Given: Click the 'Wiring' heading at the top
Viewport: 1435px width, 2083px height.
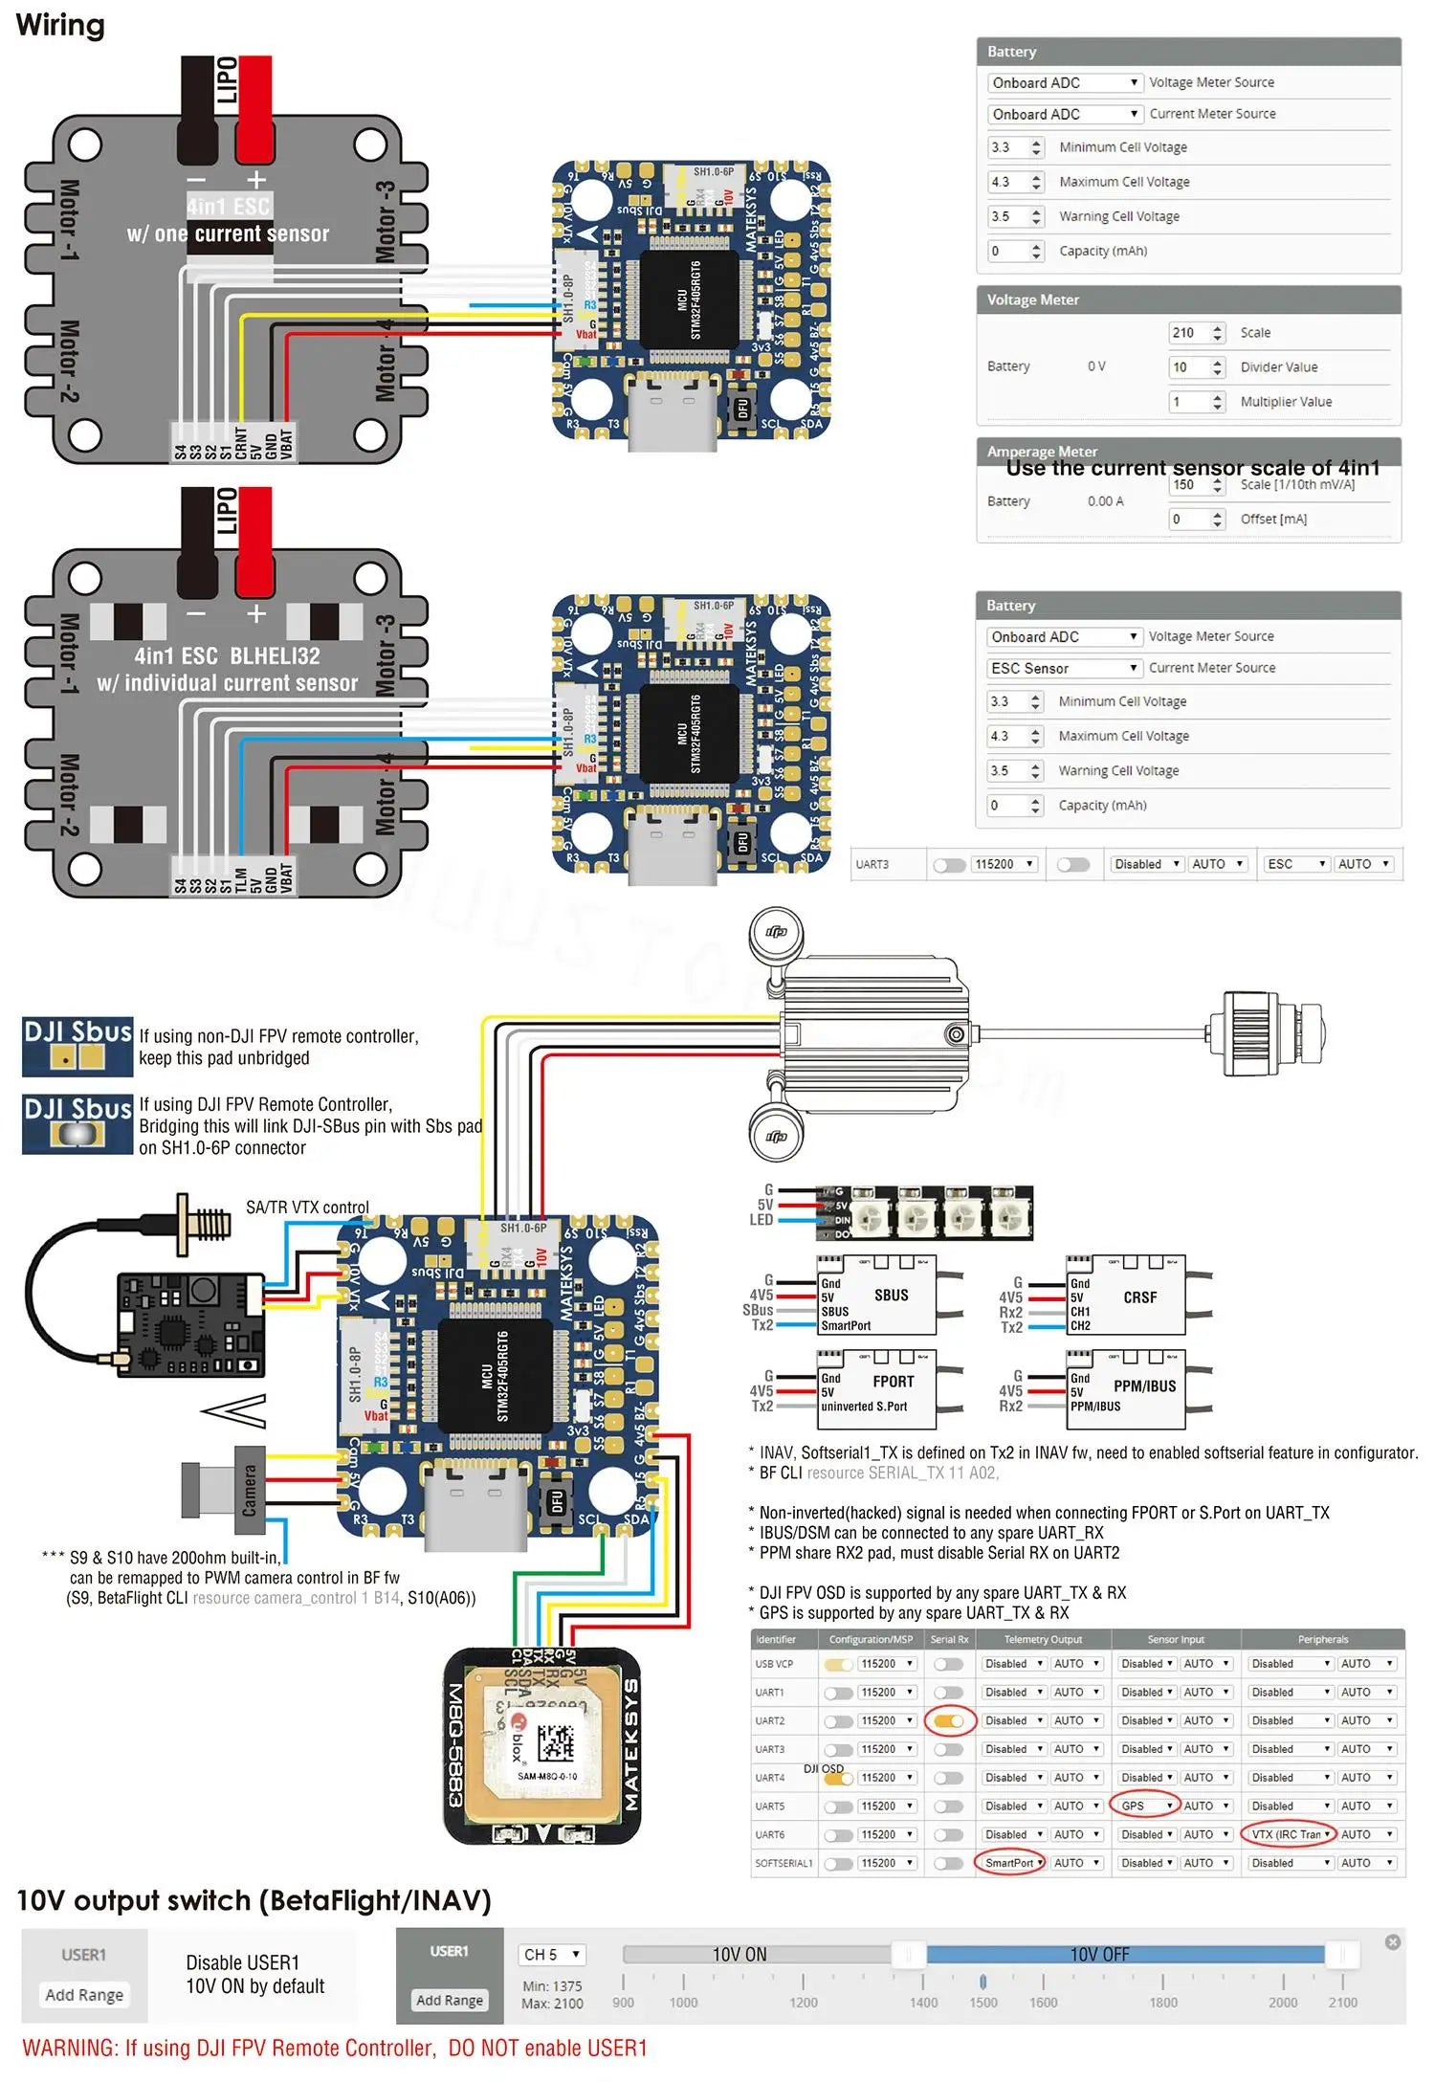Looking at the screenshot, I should click(x=60, y=25).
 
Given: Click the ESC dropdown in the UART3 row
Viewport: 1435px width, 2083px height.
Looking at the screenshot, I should click(x=1295, y=864).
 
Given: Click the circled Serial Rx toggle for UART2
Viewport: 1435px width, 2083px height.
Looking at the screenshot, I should click(x=949, y=1720).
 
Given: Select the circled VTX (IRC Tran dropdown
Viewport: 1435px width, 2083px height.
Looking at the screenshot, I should click(x=1290, y=1834).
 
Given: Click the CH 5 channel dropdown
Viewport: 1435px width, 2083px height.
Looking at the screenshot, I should click(x=552, y=1954).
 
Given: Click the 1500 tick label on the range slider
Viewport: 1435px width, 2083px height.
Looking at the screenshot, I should click(x=982, y=2003).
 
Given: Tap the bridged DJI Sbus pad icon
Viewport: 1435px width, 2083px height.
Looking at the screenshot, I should click(x=77, y=1135).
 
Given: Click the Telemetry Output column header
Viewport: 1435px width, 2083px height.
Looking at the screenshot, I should click(x=1043, y=1639).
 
